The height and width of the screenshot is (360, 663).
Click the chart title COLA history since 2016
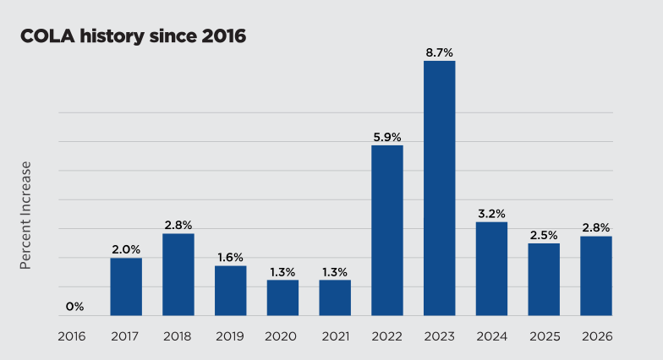coord(133,37)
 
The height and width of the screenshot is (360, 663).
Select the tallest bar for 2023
coord(439,188)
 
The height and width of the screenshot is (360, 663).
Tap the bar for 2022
coord(387,230)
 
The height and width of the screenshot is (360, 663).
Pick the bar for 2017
coord(126,286)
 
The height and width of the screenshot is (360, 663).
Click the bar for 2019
coord(230,291)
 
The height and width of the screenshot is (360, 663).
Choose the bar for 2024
coord(491,269)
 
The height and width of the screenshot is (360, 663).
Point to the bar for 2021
coord(335,297)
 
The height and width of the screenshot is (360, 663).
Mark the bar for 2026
coord(595,275)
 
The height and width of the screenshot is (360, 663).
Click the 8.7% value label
coord(439,52)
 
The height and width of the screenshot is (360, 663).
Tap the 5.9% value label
coord(387,136)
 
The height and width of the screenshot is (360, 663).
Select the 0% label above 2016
coord(74,307)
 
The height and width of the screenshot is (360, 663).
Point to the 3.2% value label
coord(491,214)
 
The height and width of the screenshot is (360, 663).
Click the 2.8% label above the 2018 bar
coord(178,225)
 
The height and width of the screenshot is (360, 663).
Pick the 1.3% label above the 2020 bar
coord(282,271)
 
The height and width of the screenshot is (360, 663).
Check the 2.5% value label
coord(544,234)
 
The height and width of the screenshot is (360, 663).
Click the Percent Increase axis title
coord(25,215)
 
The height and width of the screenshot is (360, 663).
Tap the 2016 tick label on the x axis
coord(73,335)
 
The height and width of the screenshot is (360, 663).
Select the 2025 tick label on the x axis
coord(544,335)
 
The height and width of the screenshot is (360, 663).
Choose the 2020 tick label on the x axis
coord(282,335)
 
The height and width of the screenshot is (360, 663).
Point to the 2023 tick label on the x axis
coord(439,335)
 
